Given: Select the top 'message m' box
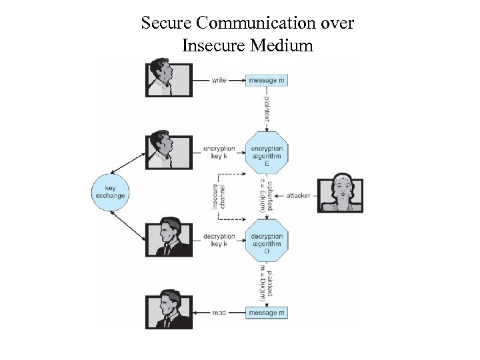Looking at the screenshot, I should click(x=267, y=80).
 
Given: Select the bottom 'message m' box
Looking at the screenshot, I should click(x=267, y=313).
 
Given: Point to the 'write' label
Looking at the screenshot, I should click(x=219, y=80).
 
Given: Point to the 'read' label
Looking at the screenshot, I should click(x=219, y=313).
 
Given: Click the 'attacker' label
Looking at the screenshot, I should click(x=298, y=195).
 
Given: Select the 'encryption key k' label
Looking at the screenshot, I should click(x=219, y=153).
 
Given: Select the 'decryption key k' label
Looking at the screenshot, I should click(x=219, y=240).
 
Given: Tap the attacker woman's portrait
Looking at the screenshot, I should click(x=341, y=195).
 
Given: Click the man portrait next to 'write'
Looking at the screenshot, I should click(x=169, y=80).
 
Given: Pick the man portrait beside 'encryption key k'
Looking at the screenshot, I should click(x=169, y=153).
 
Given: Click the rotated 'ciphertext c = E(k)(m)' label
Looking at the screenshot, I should click(x=265, y=195).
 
